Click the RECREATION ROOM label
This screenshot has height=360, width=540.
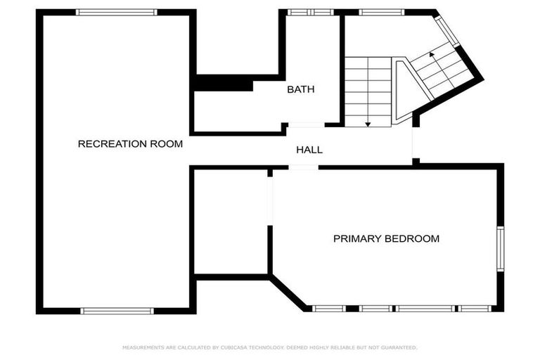click(x=130, y=144)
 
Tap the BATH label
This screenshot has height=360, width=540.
click(x=300, y=90)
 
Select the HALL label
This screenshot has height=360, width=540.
click(x=309, y=150)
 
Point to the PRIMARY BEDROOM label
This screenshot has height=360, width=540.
click(x=386, y=239)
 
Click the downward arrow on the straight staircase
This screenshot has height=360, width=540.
click(x=368, y=124)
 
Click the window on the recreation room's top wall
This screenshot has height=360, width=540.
click(x=116, y=12)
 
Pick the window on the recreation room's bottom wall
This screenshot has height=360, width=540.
click(x=117, y=310)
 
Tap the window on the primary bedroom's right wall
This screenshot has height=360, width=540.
click(x=500, y=248)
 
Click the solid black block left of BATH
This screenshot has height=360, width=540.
click(x=223, y=84)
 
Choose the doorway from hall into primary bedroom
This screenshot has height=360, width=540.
click(x=303, y=167)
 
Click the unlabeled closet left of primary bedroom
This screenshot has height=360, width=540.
click(x=231, y=221)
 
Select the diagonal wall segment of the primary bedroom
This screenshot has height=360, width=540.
click(x=288, y=293)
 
